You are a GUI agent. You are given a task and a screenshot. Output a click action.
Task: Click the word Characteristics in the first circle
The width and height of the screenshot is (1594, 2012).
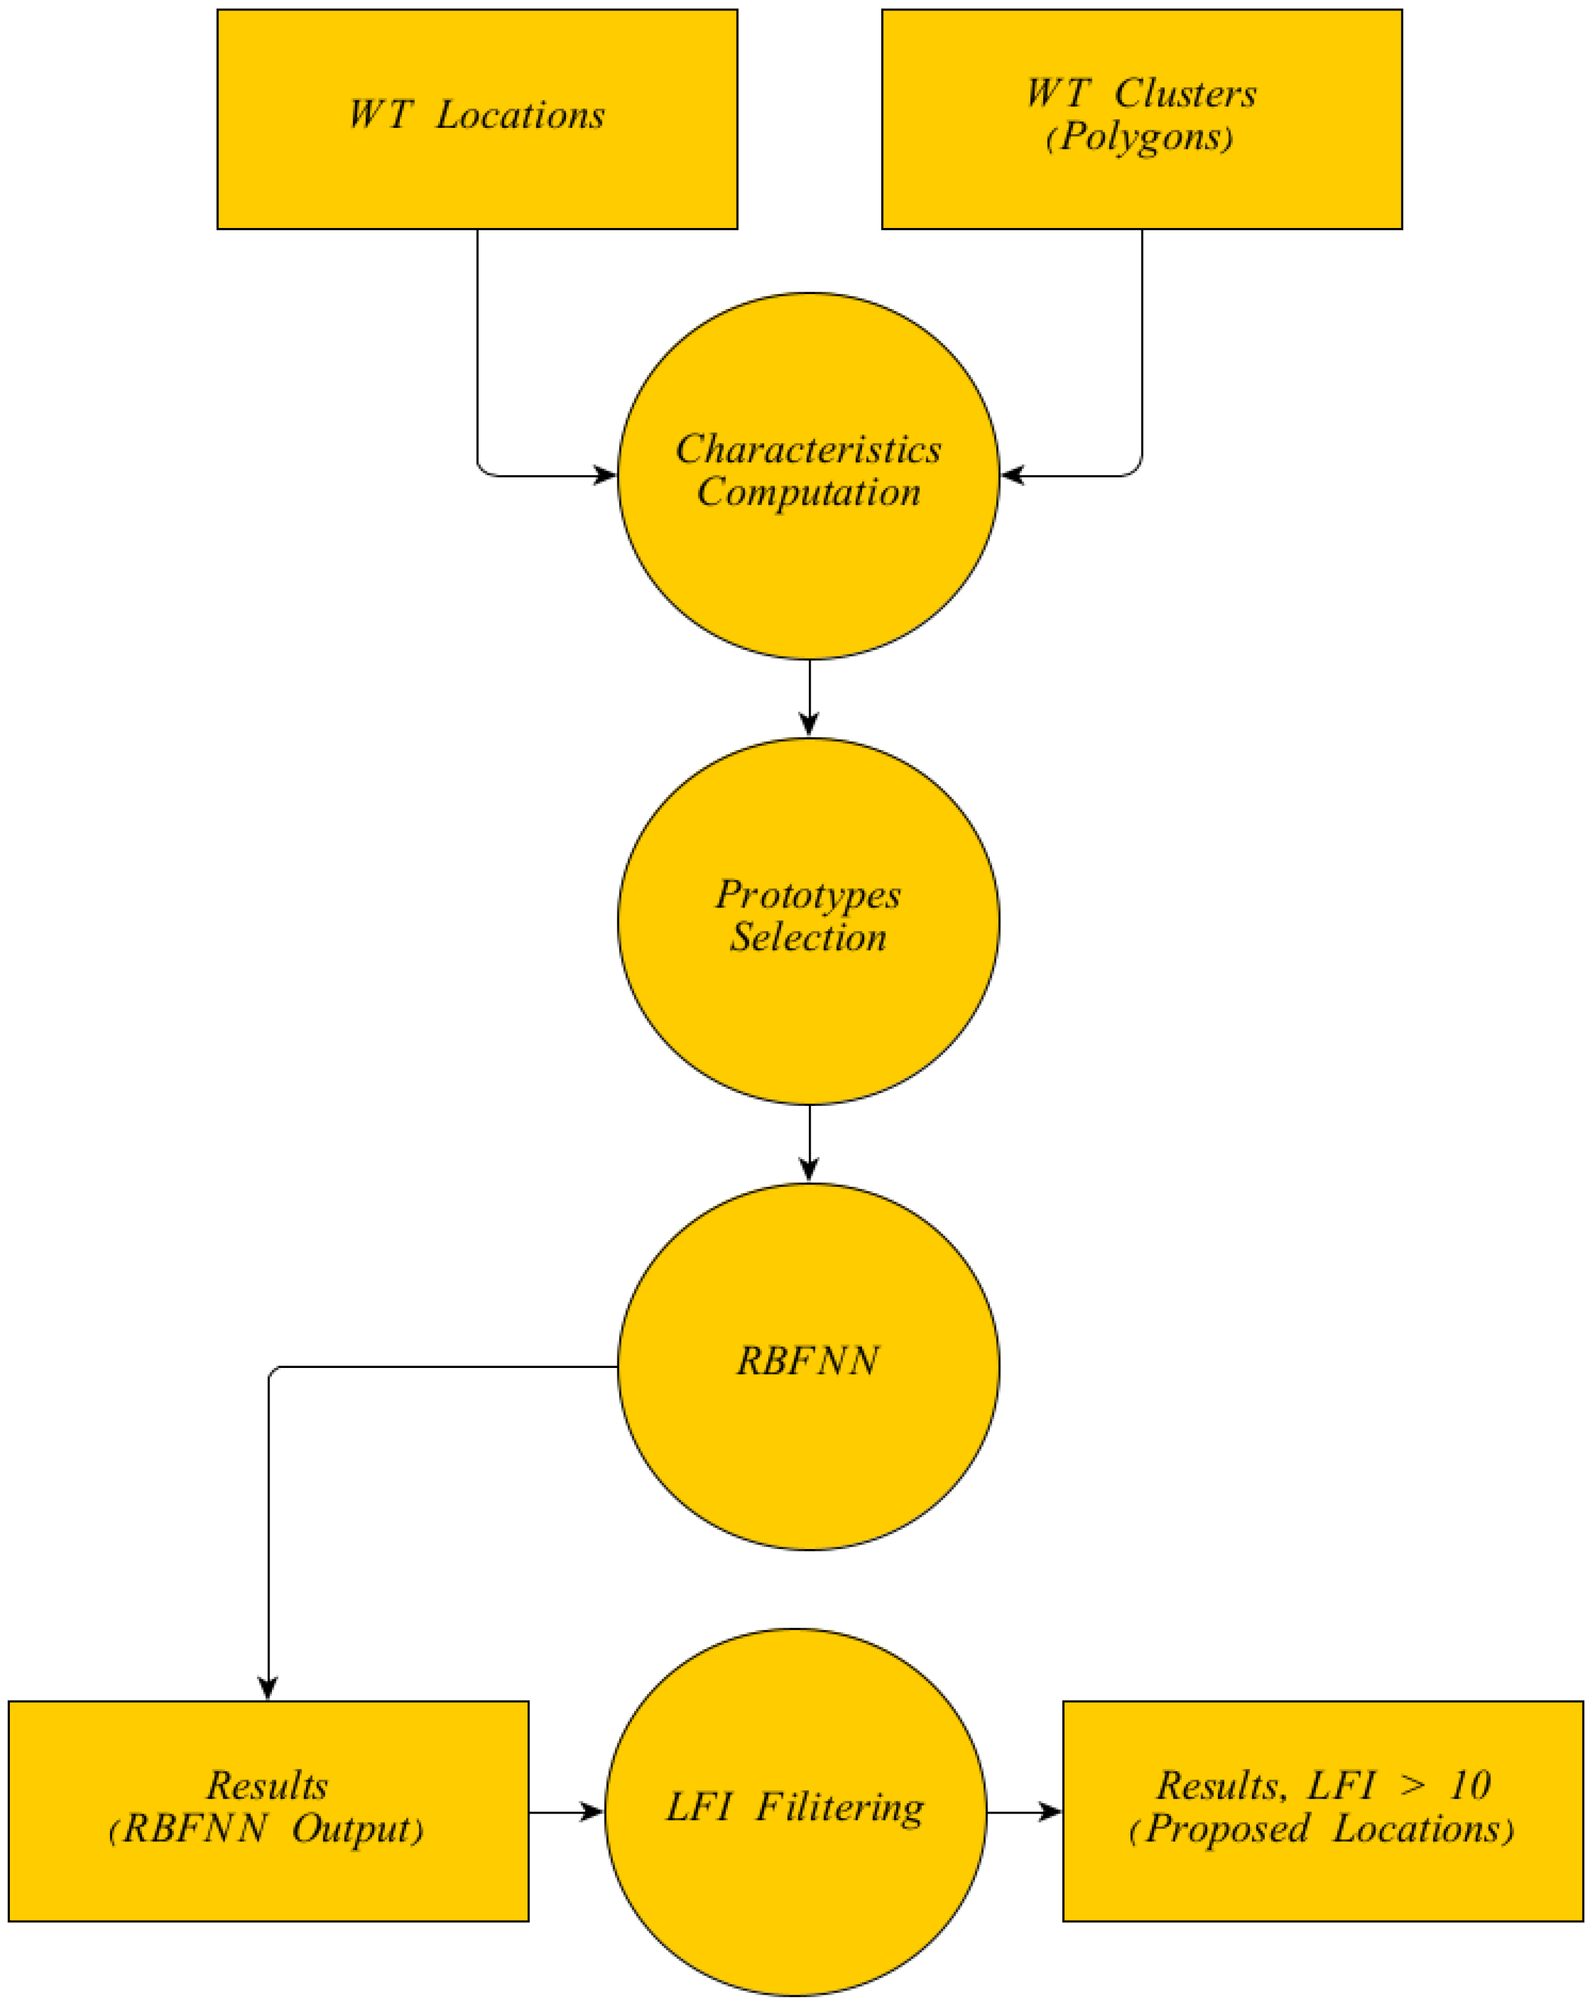pyautogui.click(x=808, y=450)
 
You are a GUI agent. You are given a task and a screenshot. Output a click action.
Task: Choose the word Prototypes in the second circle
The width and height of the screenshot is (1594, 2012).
pyautogui.click(x=808, y=895)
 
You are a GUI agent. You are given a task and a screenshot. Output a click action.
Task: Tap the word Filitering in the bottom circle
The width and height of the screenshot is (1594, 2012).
pyautogui.click(x=840, y=1808)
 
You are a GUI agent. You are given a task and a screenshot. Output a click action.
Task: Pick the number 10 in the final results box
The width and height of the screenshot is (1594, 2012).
pyautogui.click(x=1470, y=1786)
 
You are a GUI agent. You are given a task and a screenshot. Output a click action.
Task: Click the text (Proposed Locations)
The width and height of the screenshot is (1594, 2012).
pyautogui.click(x=1321, y=1829)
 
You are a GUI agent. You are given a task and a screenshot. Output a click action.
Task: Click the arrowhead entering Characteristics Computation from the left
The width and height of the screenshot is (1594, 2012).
pyautogui.click(x=605, y=476)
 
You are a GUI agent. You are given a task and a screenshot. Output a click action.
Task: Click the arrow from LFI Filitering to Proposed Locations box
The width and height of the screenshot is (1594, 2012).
pyautogui.click(x=1025, y=1812)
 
